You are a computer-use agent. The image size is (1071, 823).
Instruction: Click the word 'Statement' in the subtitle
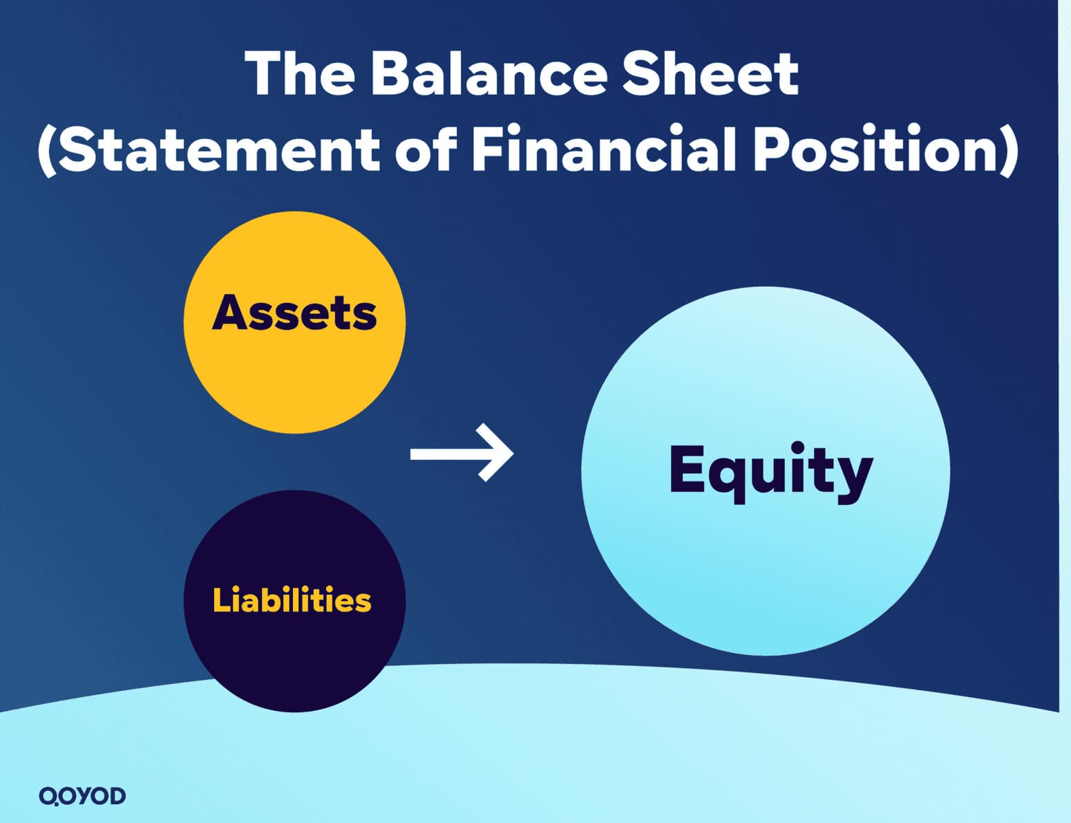tap(218, 149)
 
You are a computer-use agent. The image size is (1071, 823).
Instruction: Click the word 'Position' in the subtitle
tap(875, 149)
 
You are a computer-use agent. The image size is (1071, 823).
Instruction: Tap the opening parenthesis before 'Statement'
tap(46, 151)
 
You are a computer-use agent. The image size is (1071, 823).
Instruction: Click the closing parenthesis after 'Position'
tap(1010, 151)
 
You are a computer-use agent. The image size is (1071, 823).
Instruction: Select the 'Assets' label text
tap(294, 313)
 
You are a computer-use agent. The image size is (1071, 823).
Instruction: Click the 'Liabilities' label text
tap(292, 600)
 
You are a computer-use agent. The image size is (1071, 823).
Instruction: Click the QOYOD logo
tap(82, 795)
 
